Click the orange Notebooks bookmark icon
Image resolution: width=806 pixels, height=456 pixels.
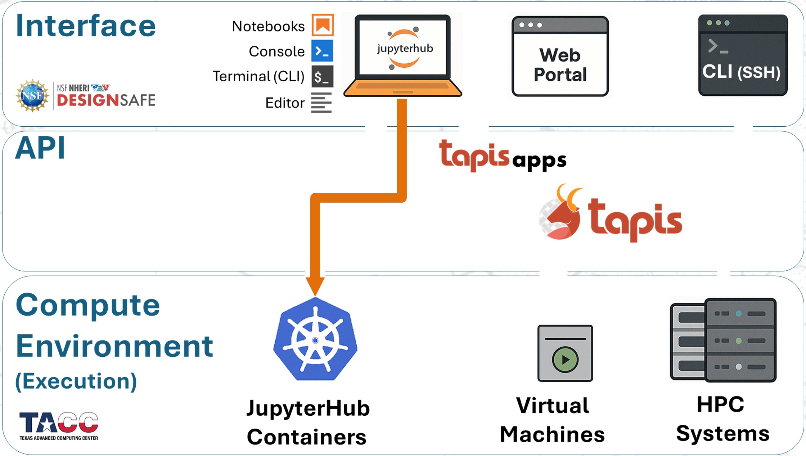click(323, 25)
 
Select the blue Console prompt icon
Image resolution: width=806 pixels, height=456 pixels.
click(322, 51)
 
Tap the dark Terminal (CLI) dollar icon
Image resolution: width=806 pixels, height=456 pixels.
click(322, 77)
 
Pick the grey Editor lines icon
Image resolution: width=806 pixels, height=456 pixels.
click(321, 103)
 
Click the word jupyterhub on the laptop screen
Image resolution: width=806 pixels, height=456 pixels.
click(405, 48)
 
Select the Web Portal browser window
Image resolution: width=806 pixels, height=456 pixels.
click(560, 57)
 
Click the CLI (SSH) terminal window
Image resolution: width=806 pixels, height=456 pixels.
click(743, 55)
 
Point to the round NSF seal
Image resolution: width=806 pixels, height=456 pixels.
click(32, 96)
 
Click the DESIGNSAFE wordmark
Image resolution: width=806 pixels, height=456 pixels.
click(106, 100)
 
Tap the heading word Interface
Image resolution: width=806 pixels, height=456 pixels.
click(86, 26)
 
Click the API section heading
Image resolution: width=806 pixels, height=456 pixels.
click(40, 148)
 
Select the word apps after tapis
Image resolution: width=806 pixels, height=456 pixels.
click(539, 160)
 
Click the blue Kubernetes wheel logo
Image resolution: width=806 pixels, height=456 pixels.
click(315, 340)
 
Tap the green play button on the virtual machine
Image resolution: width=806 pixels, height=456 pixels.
click(565, 359)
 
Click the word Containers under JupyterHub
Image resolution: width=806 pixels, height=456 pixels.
click(307, 437)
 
